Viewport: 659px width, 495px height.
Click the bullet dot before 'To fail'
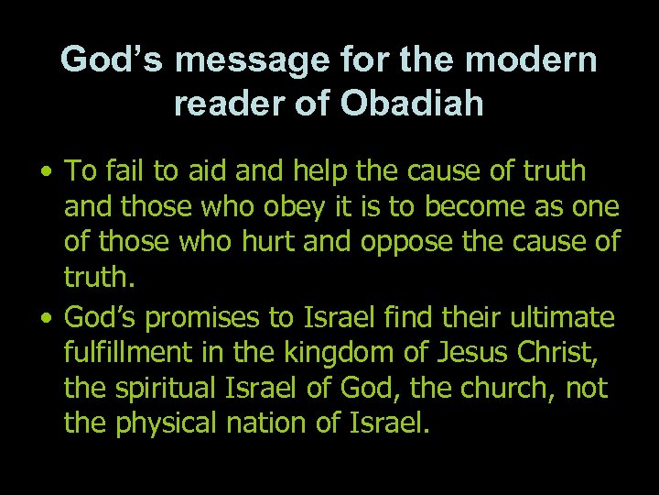coord(46,171)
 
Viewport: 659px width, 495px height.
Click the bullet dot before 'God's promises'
coord(46,318)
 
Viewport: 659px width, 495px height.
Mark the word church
coord(500,389)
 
